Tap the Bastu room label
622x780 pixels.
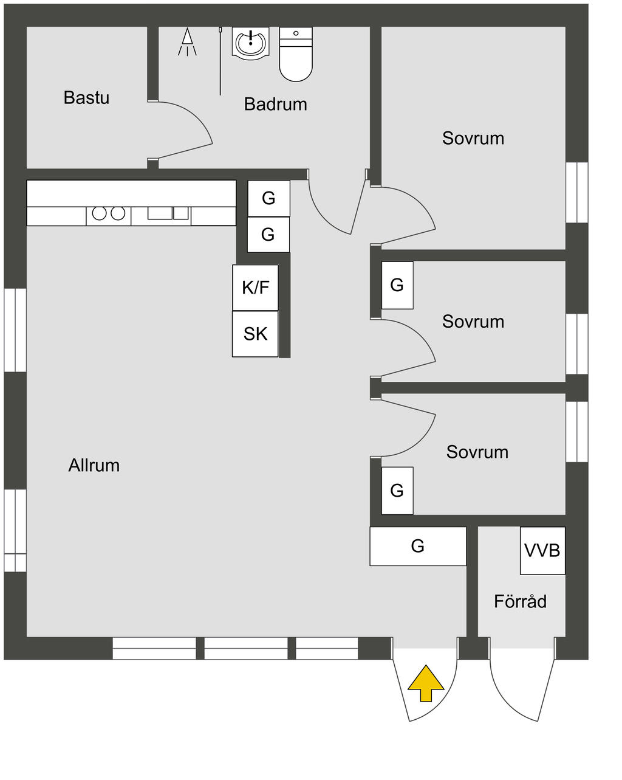coord(86,97)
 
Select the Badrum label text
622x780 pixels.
coord(275,104)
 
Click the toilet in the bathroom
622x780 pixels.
coord(296,56)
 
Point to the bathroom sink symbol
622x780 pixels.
coord(250,43)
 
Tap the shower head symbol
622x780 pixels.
coord(187,41)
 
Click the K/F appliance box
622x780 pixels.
coord(255,288)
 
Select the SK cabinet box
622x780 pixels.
coord(255,334)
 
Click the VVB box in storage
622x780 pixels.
coord(542,550)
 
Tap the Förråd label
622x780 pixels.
coord(520,601)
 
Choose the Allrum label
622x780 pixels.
coord(94,465)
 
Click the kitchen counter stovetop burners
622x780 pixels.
coord(108,213)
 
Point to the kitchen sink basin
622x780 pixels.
coord(160,213)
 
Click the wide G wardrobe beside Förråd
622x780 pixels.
coord(418,546)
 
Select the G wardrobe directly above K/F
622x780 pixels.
coord(268,234)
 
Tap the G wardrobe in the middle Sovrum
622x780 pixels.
coord(397,285)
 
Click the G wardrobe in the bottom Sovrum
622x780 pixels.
coord(397,490)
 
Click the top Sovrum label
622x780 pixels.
coord(473,138)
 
